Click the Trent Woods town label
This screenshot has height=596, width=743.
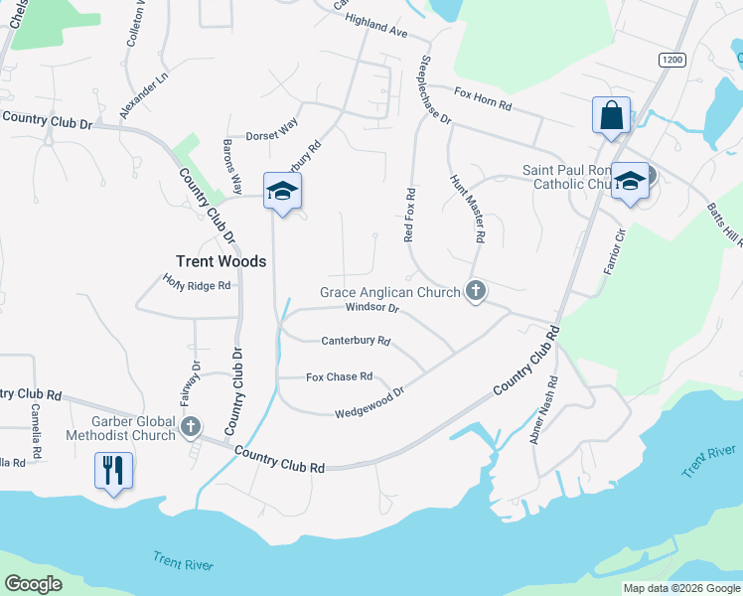(x=221, y=261)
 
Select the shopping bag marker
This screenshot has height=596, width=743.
(x=610, y=115)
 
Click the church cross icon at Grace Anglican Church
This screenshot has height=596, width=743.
(x=476, y=291)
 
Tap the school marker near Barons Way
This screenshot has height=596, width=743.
(x=282, y=191)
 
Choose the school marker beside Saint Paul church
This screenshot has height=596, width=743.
(x=629, y=181)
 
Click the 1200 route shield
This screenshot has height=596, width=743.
(x=672, y=60)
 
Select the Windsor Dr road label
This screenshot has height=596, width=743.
(x=371, y=308)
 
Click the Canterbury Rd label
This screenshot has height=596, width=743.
(x=356, y=341)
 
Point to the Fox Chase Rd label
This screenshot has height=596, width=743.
(x=339, y=376)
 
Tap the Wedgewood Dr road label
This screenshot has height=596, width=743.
(x=370, y=402)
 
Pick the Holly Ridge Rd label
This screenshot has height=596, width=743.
(x=197, y=285)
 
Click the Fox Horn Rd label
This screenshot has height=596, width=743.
(x=483, y=98)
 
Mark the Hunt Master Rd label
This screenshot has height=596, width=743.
(x=467, y=209)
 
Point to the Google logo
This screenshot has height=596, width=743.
(x=34, y=584)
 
